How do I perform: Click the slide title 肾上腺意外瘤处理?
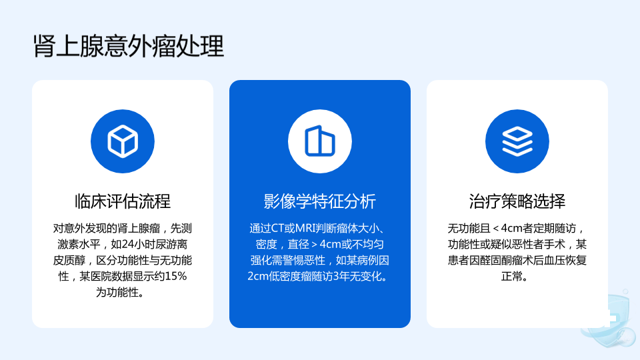pos(128,46)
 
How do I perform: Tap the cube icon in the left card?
pos(123,141)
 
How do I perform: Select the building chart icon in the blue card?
pos(319,141)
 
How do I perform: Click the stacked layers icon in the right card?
pos(517,141)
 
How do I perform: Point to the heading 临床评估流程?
pos(123,201)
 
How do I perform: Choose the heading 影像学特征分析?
pos(319,201)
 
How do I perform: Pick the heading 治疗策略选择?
pos(517,201)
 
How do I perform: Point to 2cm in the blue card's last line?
pos(258,276)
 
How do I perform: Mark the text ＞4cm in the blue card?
pos(325,244)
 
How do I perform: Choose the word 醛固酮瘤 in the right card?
pos(501,261)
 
